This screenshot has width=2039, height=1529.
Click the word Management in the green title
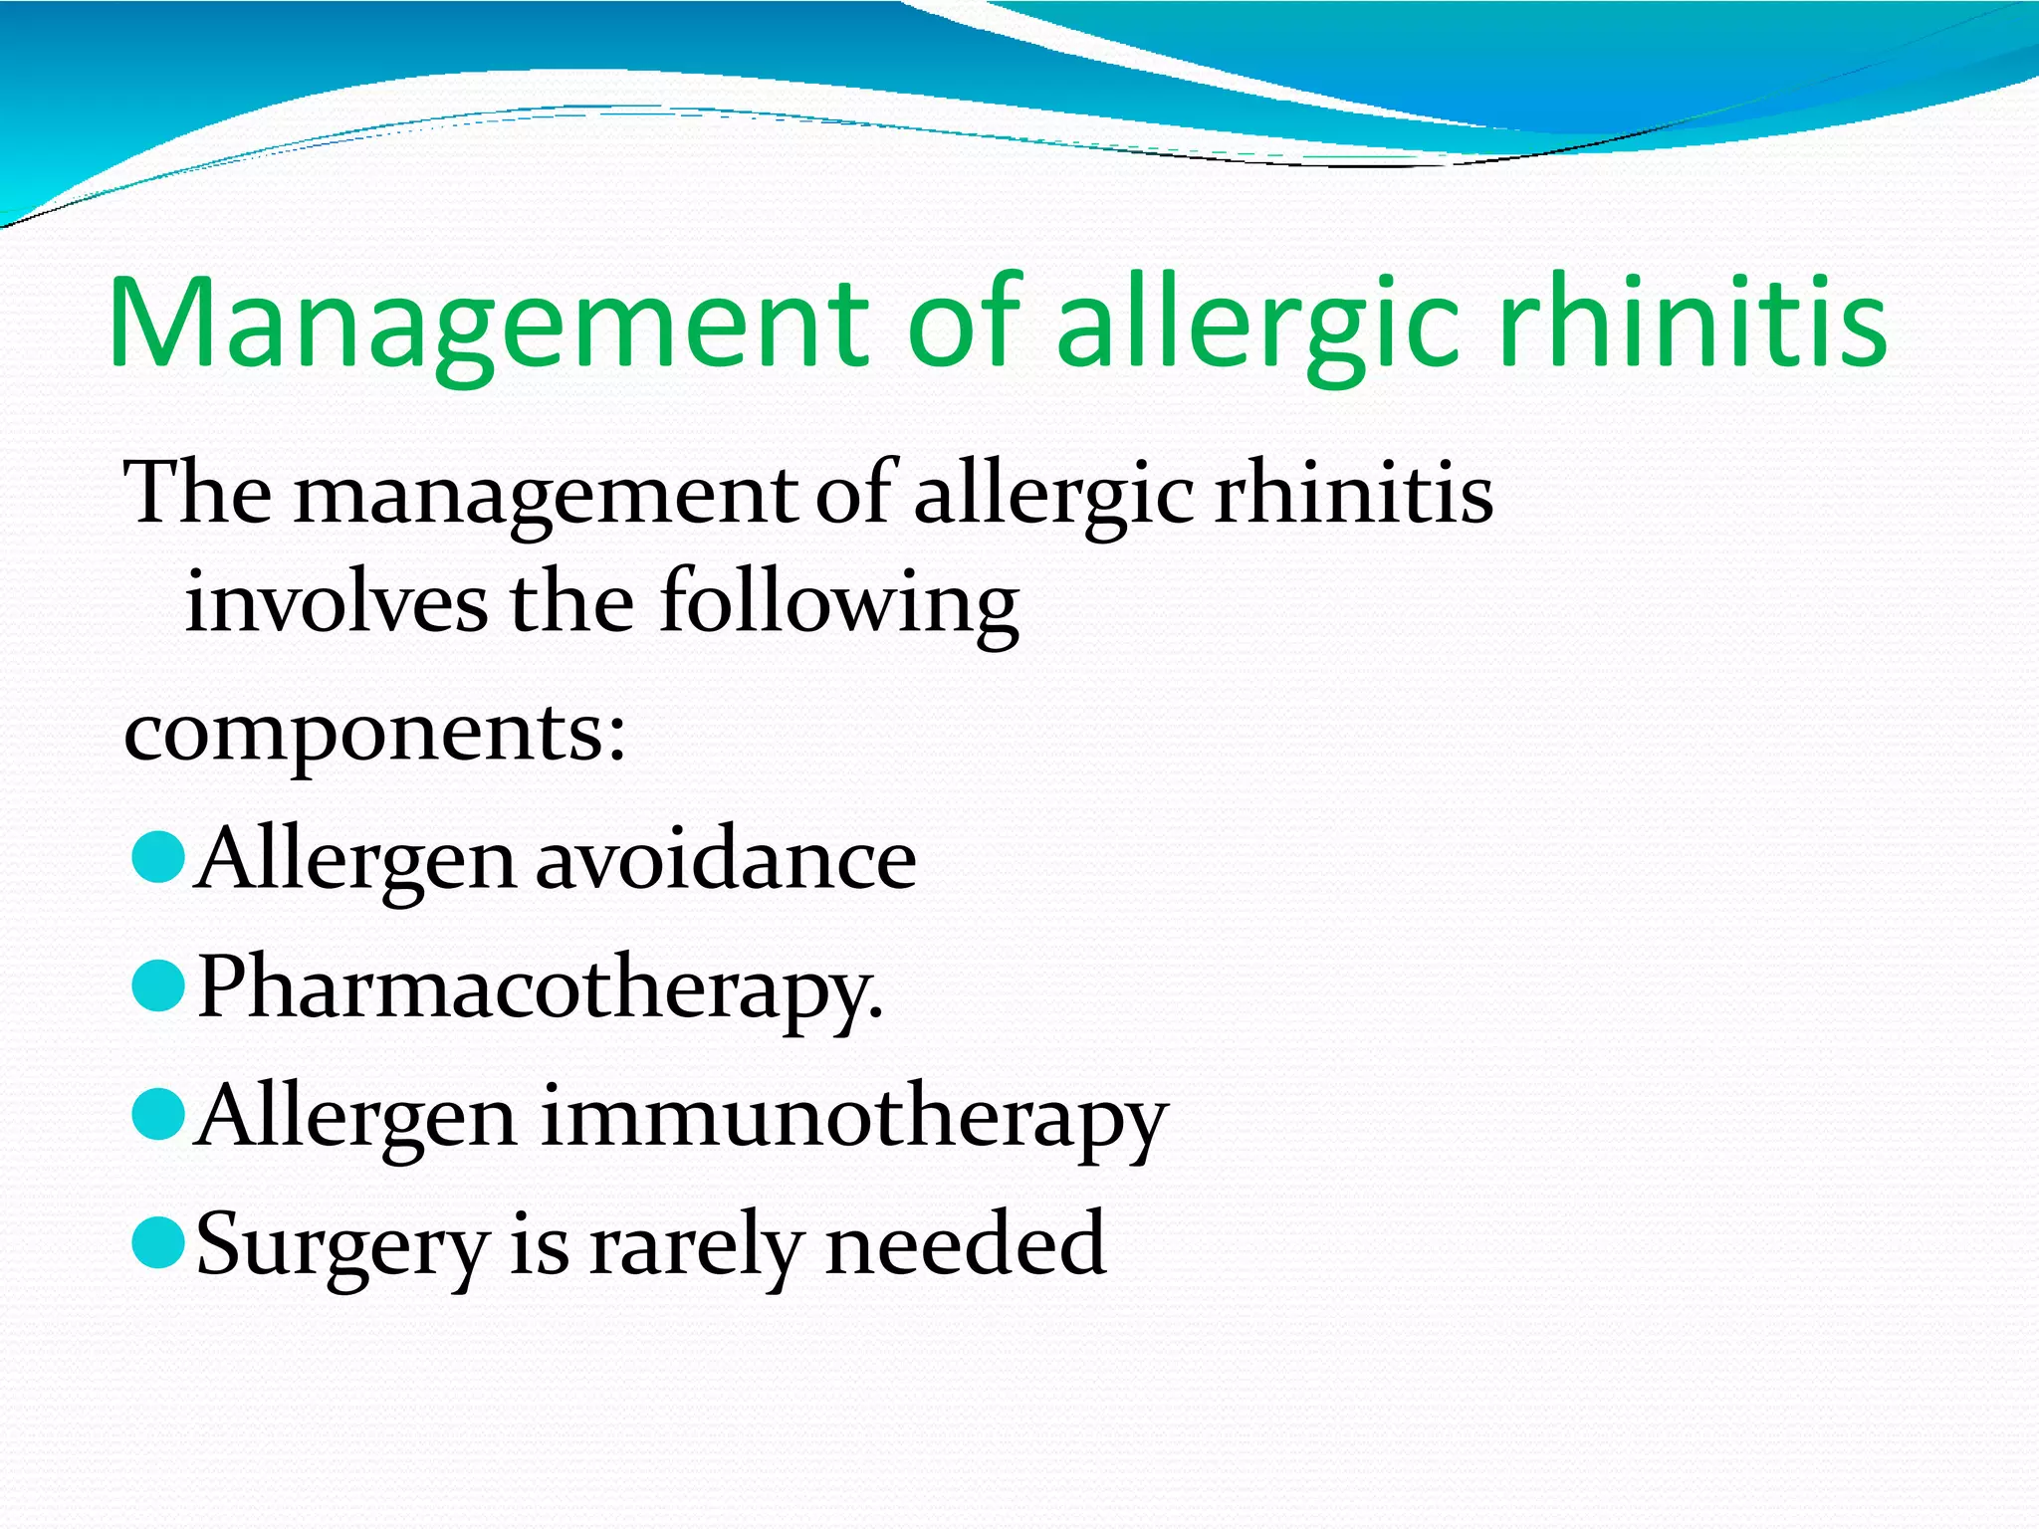488,325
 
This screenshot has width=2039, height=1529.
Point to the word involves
337,603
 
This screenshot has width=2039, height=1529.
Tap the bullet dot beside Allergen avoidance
158,858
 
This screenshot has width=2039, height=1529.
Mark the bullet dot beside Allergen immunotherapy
158,1114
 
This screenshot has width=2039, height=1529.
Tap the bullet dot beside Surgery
158,1243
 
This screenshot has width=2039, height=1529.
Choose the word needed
965,1243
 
